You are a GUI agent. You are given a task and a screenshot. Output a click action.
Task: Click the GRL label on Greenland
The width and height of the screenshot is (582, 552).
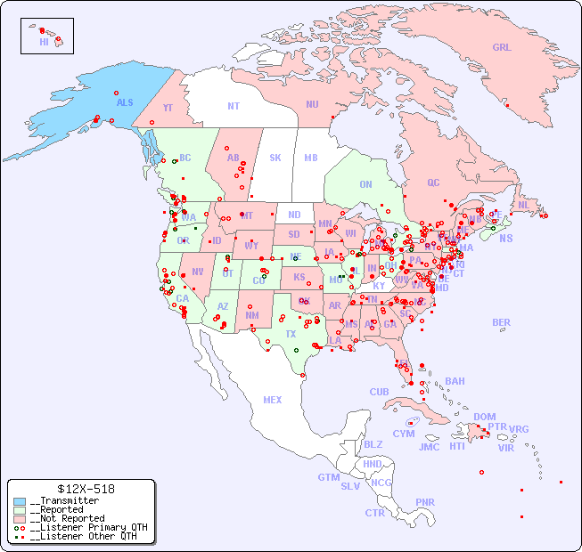coord(502,47)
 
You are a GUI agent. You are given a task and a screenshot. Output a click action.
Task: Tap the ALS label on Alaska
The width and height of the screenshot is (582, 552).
coord(125,102)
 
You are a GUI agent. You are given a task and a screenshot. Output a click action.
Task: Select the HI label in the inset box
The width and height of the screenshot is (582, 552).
coord(44,42)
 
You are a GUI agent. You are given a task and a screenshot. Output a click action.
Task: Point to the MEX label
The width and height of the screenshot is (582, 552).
coord(273,400)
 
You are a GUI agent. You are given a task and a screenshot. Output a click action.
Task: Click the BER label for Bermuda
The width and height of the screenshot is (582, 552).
coord(501,322)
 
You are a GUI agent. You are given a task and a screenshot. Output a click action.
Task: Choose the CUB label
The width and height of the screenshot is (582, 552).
coord(379,392)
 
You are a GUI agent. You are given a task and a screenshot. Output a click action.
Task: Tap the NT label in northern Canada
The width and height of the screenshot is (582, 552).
coord(234,106)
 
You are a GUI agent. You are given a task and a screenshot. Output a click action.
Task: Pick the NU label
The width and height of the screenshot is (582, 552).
coord(312,104)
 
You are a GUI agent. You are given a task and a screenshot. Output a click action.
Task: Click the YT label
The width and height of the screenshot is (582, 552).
coord(168,108)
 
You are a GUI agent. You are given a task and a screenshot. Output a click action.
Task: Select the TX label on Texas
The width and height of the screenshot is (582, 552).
coord(291,334)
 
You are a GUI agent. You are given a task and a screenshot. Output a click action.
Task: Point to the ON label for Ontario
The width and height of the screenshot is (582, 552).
coord(365,184)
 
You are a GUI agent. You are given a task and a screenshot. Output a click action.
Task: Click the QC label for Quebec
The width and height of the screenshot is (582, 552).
coord(433,183)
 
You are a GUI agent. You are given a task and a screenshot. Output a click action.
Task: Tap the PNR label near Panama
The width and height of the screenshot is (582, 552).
coord(425,502)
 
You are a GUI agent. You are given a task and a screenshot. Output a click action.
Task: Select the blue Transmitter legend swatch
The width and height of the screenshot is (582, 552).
coord(20,501)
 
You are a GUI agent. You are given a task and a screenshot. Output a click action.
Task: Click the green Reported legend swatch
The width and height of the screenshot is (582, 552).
coord(20,510)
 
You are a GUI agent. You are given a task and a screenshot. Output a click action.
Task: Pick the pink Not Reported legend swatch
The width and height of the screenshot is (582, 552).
coord(20,518)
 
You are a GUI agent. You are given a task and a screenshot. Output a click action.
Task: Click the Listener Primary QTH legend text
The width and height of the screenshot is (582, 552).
coord(85,527)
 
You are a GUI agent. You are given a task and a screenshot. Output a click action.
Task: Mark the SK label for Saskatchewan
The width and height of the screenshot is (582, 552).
coord(275,158)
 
